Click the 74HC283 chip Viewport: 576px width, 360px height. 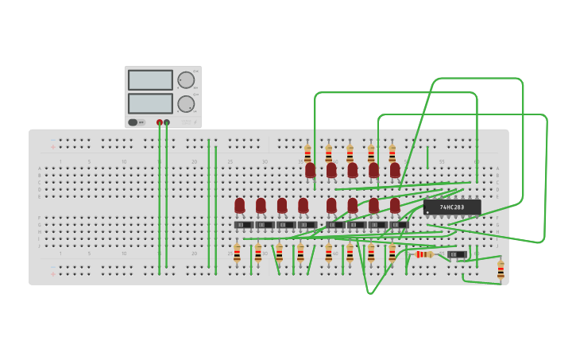click(x=452, y=207)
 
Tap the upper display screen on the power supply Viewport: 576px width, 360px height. click(x=150, y=80)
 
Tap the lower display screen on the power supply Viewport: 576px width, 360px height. click(x=150, y=103)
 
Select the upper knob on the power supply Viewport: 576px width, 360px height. click(x=186, y=80)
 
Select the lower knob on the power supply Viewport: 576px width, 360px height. click(x=186, y=103)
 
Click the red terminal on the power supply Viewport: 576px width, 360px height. click(x=160, y=122)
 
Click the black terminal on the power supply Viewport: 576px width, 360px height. click(x=167, y=122)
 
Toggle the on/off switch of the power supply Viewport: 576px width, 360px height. click(x=137, y=122)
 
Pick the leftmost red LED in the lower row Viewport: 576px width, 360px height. click(x=240, y=206)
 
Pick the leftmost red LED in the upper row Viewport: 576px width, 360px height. click(x=311, y=170)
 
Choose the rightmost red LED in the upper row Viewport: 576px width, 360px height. click(x=395, y=170)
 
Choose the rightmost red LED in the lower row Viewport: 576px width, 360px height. click(x=395, y=206)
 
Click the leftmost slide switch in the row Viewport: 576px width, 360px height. click(x=244, y=225)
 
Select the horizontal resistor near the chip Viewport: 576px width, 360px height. click(x=424, y=254)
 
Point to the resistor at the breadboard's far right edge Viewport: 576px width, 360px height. click(x=501, y=270)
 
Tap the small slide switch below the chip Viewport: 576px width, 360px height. click(x=457, y=254)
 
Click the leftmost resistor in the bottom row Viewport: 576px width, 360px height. click(x=237, y=254)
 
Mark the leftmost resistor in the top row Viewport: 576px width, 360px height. click(x=307, y=153)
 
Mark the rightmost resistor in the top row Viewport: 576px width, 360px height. click(x=392, y=153)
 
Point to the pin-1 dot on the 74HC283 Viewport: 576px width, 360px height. click(x=428, y=213)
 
